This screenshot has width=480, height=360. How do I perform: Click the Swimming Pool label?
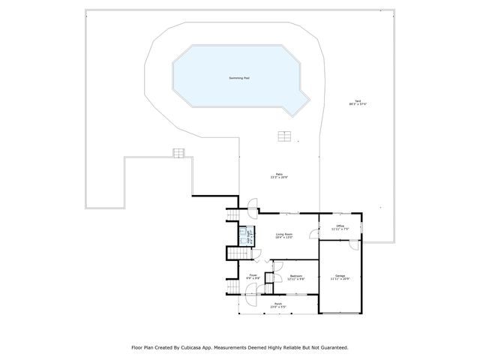pos(240,78)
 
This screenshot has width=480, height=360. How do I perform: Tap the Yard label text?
pos(359,102)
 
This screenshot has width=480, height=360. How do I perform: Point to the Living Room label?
pos(283,235)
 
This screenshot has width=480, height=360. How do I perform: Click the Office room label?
pos(340,226)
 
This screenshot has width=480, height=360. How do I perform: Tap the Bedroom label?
pos(296,276)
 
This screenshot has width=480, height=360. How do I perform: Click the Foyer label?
pos(253,276)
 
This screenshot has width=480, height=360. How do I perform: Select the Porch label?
pos(278,304)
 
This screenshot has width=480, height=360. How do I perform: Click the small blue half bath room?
pos(244,236)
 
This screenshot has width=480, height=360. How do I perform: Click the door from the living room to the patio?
pos(253,205)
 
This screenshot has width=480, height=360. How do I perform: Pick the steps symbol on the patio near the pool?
pos(284,136)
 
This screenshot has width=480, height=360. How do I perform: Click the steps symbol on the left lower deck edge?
pos(178,152)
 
